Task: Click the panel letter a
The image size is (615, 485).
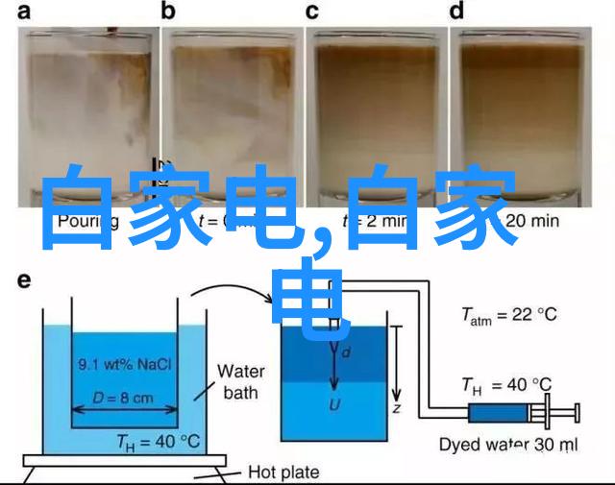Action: (23, 12)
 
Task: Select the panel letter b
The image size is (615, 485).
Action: (169, 12)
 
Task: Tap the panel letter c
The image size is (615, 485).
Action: (312, 12)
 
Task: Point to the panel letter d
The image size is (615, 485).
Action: (457, 12)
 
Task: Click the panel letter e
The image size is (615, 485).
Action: (23, 280)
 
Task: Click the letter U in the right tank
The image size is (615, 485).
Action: (334, 404)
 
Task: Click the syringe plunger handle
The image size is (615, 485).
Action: (578, 413)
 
